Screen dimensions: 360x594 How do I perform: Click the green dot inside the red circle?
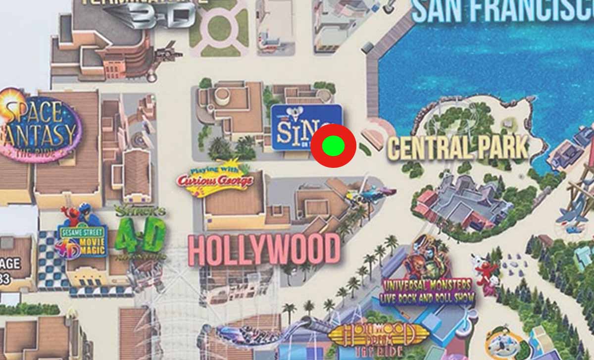(x=333, y=146)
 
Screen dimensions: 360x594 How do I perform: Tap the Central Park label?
(x=457, y=148)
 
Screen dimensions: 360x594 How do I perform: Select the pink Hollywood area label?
(x=264, y=250)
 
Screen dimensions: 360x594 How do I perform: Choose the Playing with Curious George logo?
(x=215, y=179)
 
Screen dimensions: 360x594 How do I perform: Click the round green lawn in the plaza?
(x=219, y=28)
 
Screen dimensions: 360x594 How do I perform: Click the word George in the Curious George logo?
(x=233, y=181)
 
